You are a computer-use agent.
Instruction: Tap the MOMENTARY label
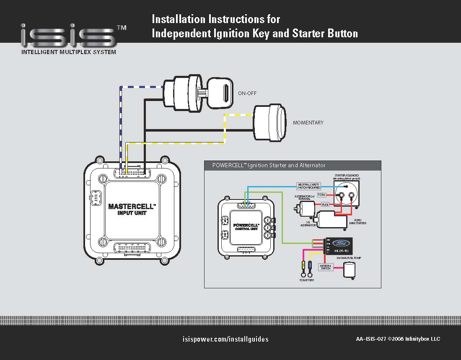pyautogui.click(x=308, y=123)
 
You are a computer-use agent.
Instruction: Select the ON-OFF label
pyautogui.click(x=247, y=93)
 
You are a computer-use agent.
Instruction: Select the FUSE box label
pyautogui.click(x=325, y=205)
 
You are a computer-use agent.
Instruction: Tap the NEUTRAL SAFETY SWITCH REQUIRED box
pyautogui.click(x=309, y=186)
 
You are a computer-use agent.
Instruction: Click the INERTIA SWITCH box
pyautogui.click(x=326, y=267)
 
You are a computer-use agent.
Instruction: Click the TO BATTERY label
pyautogui.click(x=307, y=280)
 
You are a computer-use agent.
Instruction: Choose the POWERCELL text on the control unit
pyautogui.click(x=246, y=225)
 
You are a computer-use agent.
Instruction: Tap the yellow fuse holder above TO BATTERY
pyautogui.click(x=303, y=265)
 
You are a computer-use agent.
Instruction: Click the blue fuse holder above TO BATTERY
pyautogui.click(x=310, y=265)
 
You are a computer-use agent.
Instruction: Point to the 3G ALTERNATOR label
pyautogui.click(x=308, y=224)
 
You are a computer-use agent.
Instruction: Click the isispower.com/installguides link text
pyautogui.click(x=226, y=339)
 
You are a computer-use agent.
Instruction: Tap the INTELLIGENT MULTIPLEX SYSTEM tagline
pyautogui.click(x=69, y=52)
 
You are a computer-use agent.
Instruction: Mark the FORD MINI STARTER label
pyautogui.click(x=357, y=222)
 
